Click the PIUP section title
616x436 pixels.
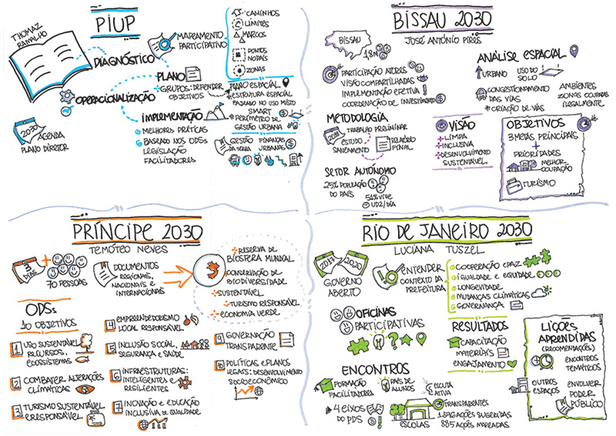tap(115, 25)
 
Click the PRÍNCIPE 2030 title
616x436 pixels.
tap(139, 232)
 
